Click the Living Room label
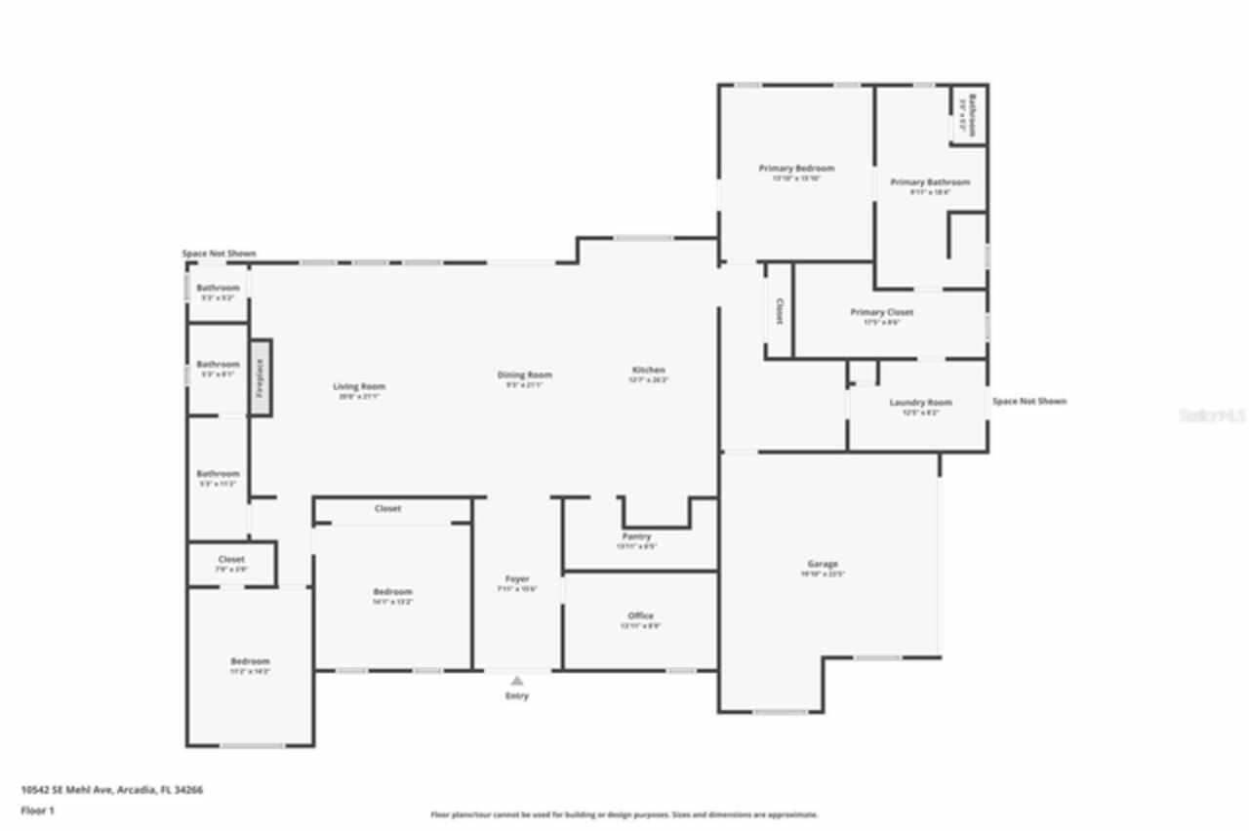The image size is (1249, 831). coord(359,386)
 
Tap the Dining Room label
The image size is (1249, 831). coord(525,375)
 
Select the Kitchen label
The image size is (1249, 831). coord(649,370)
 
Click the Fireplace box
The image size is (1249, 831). coord(261,377)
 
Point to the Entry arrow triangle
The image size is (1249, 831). coord(517,681)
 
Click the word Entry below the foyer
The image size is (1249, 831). coord(517,695)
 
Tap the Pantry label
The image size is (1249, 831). coord(636,536)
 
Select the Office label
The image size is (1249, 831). coord(641,615)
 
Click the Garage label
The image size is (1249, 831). coord(823,564)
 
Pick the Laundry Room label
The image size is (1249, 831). coord(920,402)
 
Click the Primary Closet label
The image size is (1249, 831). coord(882,312)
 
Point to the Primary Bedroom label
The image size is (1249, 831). coord(796,169)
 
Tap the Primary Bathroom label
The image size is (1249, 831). coord(930,181)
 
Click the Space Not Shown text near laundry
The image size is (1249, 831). coord(1029,401)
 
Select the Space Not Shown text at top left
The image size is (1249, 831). coord(220,254)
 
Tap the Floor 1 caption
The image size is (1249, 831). coord(38,810)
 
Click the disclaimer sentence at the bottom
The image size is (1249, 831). coord(624,814)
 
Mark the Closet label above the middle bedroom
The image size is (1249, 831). coord(387,508)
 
